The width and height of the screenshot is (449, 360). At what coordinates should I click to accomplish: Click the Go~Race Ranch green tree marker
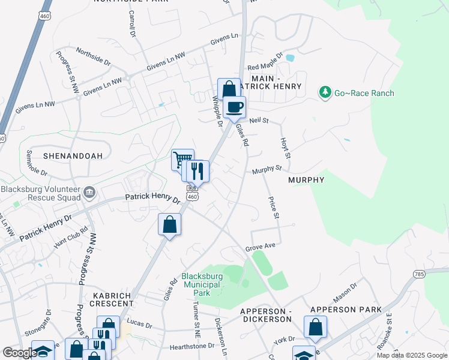click(325, 92)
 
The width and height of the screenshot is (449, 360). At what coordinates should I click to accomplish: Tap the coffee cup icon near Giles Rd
click(234, 107)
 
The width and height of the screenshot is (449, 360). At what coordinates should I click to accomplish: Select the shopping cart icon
click(182, 160)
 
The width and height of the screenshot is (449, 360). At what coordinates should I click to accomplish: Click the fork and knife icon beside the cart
click(197, 171)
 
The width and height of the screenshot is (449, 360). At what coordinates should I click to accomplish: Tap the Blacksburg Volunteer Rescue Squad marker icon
click(89, 192)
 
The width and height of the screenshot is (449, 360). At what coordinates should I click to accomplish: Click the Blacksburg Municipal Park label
click(203, 284)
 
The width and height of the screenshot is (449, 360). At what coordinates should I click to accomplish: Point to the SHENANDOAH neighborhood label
click(73, 155)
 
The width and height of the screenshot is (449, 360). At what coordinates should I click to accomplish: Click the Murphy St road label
click(267, 170)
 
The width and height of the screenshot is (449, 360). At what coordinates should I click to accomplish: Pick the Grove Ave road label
click(260, 247)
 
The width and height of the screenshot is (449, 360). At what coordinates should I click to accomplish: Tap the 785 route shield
click(420, 274)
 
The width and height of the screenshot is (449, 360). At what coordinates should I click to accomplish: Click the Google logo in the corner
click(19, 353)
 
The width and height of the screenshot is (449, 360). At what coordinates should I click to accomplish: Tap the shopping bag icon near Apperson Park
click(315, 328)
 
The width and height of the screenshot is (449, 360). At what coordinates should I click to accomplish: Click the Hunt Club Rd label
click(71, 238)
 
